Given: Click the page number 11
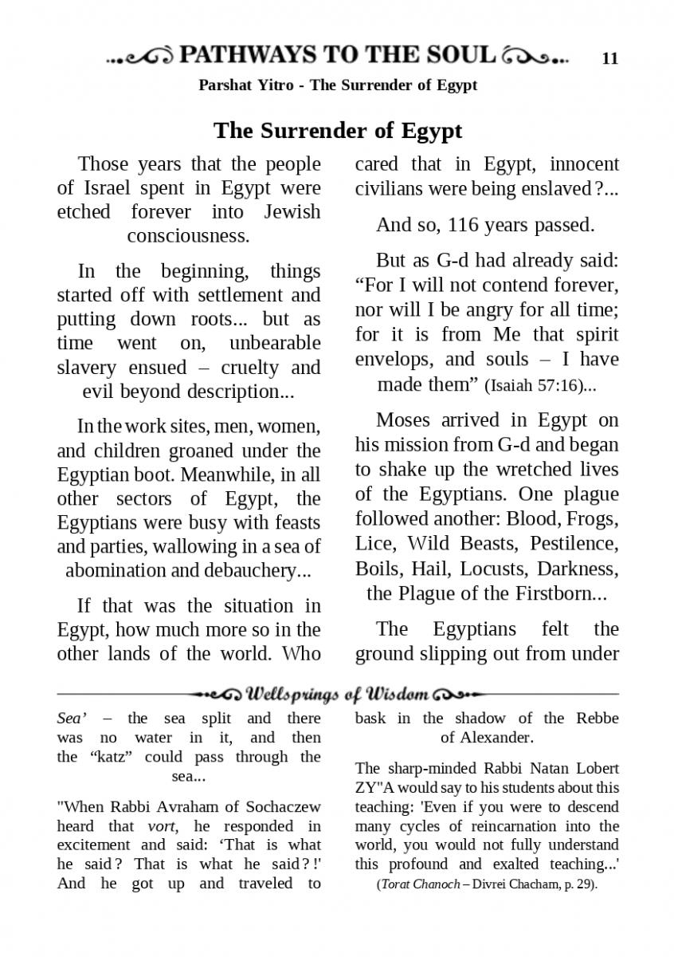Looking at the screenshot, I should (x=610, y=58).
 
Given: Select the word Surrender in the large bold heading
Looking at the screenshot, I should (x=336, y=130).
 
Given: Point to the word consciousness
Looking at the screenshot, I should (x=188, y=236).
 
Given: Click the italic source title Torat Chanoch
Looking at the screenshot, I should (x=419, y=885).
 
